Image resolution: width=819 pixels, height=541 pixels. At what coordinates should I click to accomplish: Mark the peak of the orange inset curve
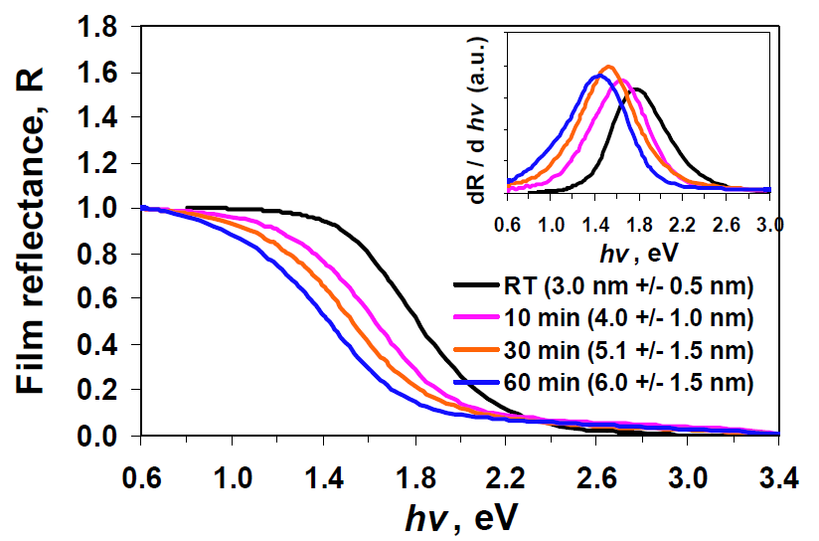click(x=608, y=68)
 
